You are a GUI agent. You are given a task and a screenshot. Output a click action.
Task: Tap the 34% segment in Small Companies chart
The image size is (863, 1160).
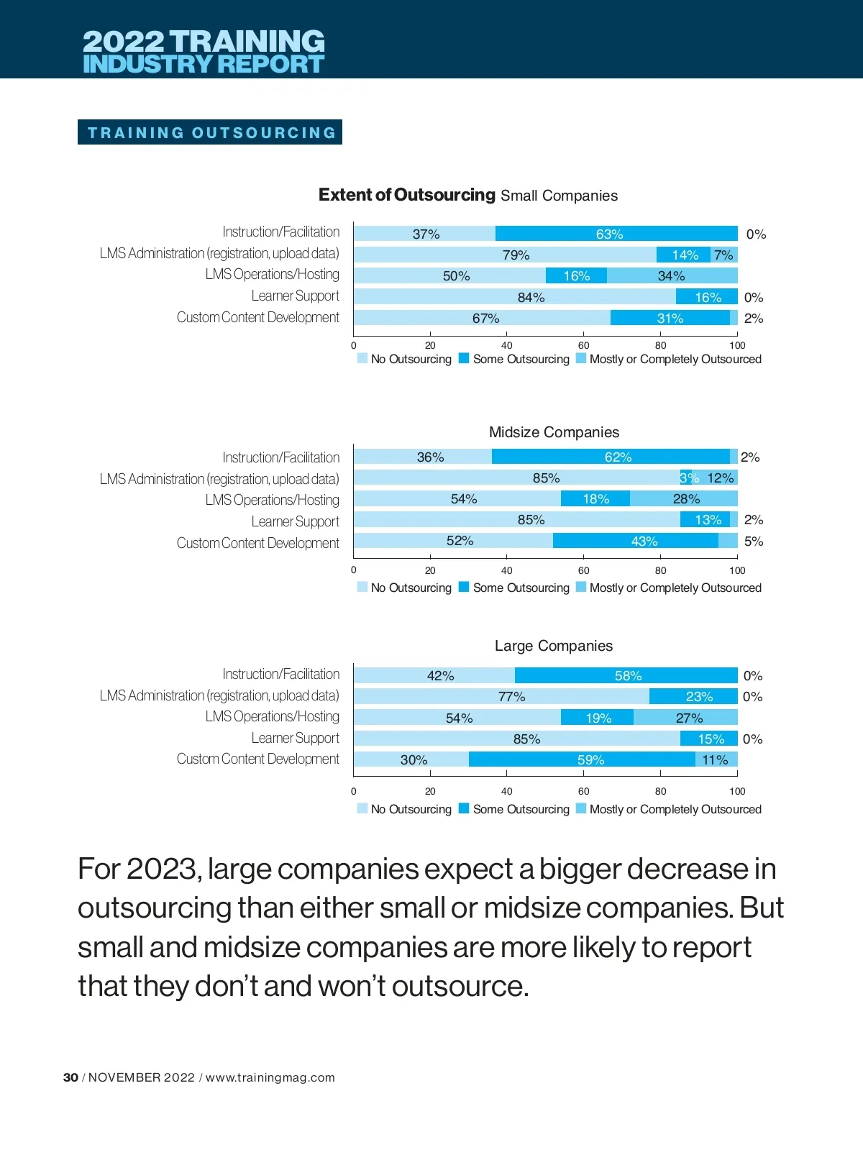point(672,275)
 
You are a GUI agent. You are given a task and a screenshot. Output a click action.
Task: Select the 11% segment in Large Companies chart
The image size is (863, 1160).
point(716,759)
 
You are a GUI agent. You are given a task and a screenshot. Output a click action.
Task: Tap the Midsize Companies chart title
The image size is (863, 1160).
point(554,432)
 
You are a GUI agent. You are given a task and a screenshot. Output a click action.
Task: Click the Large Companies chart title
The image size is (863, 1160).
point(554,646)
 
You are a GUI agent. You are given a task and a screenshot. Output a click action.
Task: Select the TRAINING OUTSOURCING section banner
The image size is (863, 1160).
point(210,132)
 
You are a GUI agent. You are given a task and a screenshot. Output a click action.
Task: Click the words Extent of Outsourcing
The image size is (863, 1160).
point(406,195)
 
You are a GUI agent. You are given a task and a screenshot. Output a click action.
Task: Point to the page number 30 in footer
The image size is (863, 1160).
point(70,1077)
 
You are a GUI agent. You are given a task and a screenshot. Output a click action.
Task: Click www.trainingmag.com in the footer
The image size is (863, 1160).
point(270,1077)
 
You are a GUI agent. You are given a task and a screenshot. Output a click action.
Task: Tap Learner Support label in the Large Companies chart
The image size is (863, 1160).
point(295,738)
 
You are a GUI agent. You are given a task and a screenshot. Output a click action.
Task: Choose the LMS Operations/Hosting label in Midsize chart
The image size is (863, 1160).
point(272,500)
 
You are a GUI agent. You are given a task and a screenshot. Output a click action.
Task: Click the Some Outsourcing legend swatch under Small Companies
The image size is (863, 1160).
point(464,358)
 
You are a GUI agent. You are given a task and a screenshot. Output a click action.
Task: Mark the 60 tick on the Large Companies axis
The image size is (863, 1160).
point(583,791)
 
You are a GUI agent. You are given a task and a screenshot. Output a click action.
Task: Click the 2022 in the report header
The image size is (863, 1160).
point(123,41)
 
